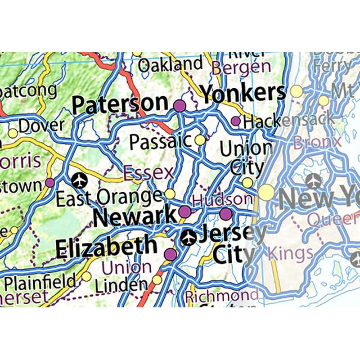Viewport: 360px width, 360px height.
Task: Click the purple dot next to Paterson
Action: (x=180, y=106)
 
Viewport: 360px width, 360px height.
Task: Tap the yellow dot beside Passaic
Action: (x=200, y=140)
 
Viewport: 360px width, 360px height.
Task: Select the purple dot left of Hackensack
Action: (x=235, y=121)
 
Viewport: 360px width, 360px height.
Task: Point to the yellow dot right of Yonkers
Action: (x=297, y=91)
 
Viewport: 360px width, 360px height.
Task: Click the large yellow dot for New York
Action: (x=266, y=192)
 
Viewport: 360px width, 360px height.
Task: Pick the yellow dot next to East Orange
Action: (x=170, y=194)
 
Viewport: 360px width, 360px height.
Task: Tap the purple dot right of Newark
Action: (x=185, y=211)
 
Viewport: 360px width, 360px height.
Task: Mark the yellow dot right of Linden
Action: (x=157, y=280)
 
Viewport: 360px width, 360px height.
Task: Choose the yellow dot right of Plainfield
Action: (x=86, y=276)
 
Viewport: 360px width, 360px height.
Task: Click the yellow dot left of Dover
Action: (x=13, y=133)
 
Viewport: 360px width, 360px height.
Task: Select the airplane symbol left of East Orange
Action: (x=80, y=180)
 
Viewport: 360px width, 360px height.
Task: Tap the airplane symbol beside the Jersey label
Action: (x=188, y=237)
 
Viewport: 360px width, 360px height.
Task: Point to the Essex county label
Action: (x=148, y=172)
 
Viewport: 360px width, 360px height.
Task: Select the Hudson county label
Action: (x=222, y=199)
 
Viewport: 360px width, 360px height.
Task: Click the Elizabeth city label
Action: (x=106, y=248)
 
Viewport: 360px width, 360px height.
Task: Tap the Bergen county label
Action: (x=242, y=68)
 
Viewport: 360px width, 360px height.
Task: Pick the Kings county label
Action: (x=290, y=253)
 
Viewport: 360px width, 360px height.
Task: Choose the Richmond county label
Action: (x=222, y=296)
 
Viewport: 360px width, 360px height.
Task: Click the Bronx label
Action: (x=317, y=143)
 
